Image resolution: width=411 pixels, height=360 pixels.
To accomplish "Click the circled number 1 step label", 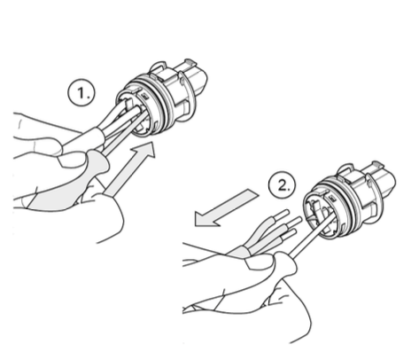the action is pos(82,93).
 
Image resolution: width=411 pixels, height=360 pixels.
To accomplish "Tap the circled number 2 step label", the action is pos(283,186).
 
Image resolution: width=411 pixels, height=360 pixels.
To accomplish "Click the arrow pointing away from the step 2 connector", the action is pos(226,208).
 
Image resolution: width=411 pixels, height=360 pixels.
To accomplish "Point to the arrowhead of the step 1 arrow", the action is pos(144,151).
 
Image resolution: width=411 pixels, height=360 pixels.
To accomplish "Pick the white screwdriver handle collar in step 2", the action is pos(285,264).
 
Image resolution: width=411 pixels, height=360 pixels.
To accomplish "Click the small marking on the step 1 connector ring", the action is pos(144,96).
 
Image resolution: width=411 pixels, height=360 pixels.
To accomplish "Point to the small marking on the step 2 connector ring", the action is pos(332,199).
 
